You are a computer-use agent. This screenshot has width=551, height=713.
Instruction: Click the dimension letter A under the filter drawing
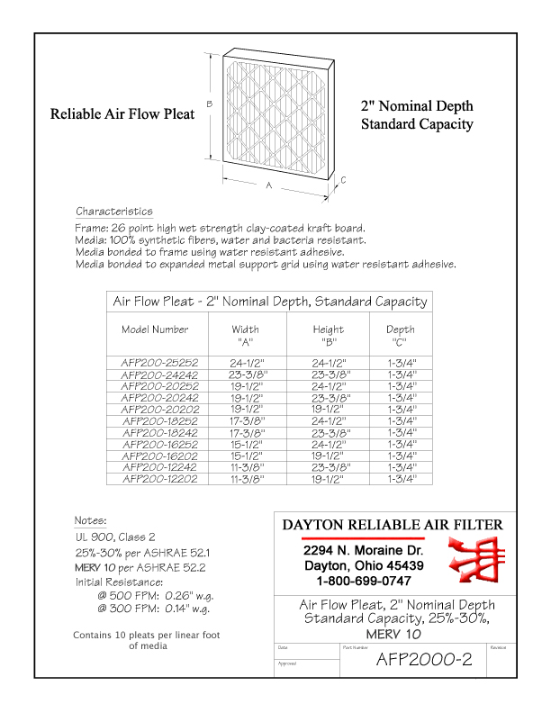[268, 185]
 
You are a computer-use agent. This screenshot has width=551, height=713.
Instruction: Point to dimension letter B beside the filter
[209, 104]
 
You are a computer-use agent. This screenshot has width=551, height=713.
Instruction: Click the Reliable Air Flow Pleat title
[122, 115]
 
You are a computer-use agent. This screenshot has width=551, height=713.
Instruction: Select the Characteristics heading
[114, 211]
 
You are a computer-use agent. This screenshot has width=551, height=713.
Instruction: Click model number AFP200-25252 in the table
[159, 362]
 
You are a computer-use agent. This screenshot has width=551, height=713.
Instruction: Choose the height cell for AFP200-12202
[328, 479]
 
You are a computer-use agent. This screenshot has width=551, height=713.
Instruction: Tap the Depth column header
[401, 329]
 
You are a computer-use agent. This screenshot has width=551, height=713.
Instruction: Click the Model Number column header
[155, 329]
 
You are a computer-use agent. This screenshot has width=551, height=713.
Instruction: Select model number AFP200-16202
[159, 456]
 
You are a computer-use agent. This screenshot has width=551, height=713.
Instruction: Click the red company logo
[470, 559]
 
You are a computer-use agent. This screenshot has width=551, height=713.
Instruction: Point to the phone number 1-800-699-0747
[363, 580]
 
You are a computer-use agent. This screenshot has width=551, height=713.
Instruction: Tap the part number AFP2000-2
[423, 660]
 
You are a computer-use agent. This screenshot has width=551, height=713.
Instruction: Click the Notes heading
[91, 520]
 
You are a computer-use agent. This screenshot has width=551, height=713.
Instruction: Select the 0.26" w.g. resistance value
[185, 595]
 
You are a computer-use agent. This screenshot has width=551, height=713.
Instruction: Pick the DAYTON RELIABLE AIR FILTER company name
[393, 525]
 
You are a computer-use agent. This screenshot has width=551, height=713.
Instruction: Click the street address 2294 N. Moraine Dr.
[363, 550]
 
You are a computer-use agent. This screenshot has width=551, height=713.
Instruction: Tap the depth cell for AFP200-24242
[401, 374]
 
